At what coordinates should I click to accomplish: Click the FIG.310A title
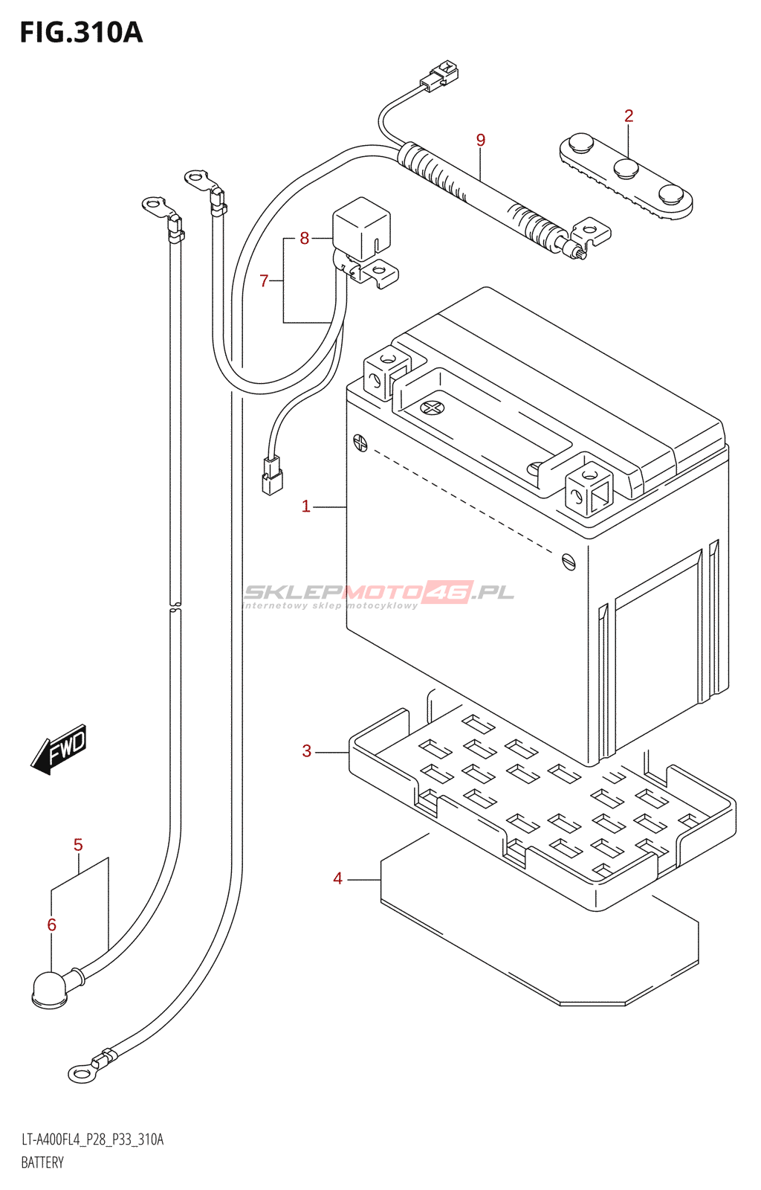[x=81, y=33]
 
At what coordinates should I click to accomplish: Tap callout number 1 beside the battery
[x=305, y=506]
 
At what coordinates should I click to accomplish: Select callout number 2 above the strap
[x=629, y=116]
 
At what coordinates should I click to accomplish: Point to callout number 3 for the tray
[x=306, y=751]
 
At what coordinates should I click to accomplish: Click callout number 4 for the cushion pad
[x=337, y=879]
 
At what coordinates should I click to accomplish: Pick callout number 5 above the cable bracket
[x=78, y=845]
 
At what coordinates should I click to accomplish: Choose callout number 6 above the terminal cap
[x=51, y=924]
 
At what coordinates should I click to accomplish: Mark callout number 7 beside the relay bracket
[x=264, y=280]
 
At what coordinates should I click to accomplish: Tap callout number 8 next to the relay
[x=304, y=238]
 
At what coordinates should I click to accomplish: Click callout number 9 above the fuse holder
[x=481, y=140]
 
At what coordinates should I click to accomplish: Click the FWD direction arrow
[x=59, y=748]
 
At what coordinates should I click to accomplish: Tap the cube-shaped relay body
[x=361, y=227]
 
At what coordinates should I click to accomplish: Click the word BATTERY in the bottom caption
[x=42, y=1162]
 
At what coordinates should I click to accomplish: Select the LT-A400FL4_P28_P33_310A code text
[x=92, y=1139]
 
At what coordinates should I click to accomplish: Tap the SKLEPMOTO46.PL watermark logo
[x=379, y=594]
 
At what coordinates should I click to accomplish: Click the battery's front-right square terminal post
[x=589, y=489]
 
